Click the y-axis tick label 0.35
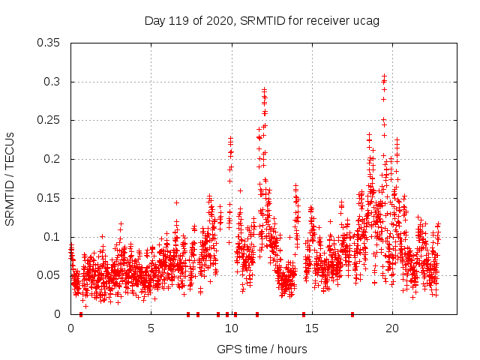50,43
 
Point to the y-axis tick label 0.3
53,82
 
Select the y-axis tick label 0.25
50,120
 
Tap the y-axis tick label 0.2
53,159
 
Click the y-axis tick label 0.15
50,198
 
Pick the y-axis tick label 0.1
53,237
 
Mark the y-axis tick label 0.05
50,275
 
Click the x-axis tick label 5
151,328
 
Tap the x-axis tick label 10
232,328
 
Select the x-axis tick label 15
312,328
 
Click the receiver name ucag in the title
367,20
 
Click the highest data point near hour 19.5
384,76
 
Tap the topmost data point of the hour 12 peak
264,89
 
